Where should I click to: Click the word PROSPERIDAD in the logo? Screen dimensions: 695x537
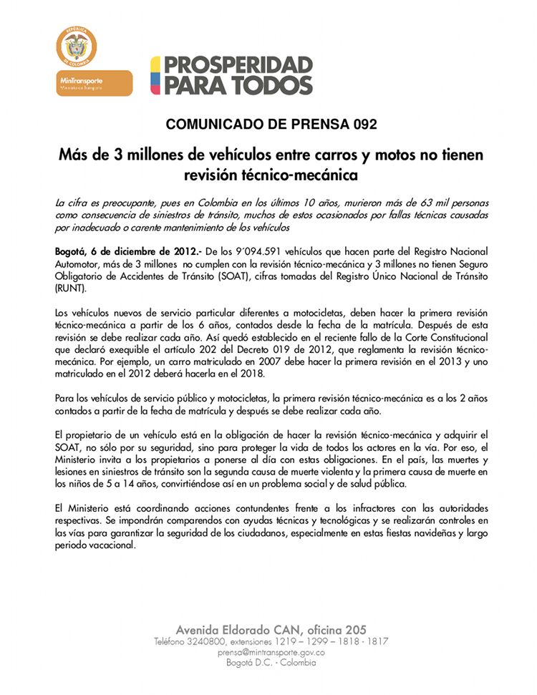pyautogui.click(x=238, y=66)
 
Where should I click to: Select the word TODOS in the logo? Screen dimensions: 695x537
pyautogui.click(x=266, y=86)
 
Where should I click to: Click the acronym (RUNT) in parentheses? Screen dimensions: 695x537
pyautogui.click(x=70, y=289)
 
